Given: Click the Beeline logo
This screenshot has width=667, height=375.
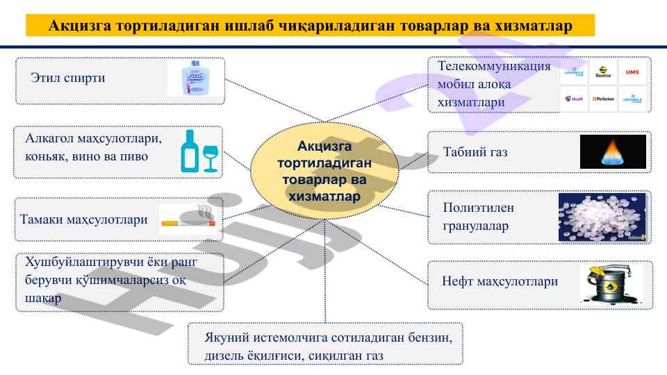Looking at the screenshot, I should coord(604,72).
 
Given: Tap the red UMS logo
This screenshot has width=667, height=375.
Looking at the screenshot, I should coord(632,72).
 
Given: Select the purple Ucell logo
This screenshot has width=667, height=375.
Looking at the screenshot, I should coord(575,99).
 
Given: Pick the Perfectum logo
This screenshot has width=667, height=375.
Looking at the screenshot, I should coord(604,99).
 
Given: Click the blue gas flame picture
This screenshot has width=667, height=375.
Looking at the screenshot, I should coord(613,151).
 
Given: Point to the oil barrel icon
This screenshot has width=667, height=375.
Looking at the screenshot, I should coord(611,284).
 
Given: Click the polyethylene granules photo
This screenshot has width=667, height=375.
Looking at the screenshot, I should coord(602,217).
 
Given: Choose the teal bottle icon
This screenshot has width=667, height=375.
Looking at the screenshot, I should coord(189,150).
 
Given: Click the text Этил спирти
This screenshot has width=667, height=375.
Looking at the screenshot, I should coord(67,78).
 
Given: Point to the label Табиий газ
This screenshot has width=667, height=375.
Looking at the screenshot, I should coord(475,151).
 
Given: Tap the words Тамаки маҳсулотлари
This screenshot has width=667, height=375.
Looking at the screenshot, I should coord(84,219).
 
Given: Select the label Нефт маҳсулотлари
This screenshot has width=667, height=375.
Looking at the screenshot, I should coord(500,282).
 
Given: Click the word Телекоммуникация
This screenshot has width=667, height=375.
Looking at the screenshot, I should coord(493,67).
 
